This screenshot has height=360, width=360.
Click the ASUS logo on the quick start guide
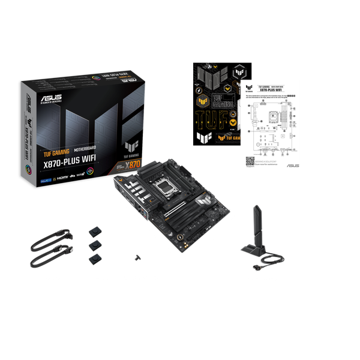tap(291, 165)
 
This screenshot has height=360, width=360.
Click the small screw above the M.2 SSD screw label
tap(138, 257)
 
